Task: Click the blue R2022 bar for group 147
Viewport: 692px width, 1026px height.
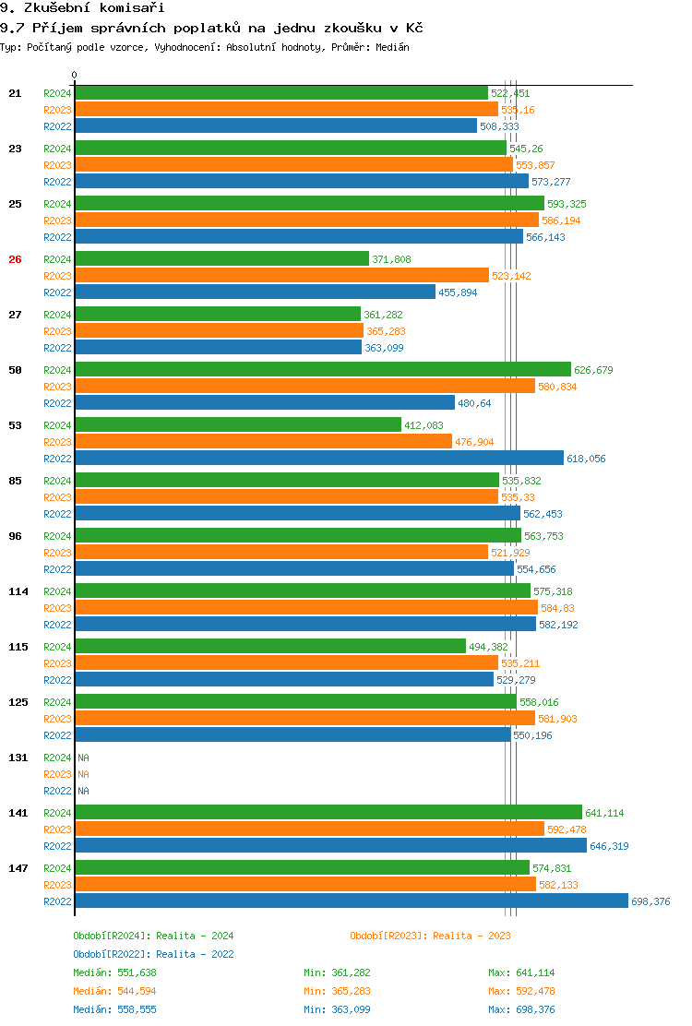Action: coord(351,901)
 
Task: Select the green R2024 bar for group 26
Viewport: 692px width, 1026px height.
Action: coord(221,259)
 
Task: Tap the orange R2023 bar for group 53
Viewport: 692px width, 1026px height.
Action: coord(263,442)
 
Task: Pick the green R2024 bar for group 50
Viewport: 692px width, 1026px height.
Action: coord(323,370)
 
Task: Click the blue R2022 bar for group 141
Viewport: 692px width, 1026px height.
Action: coord(330,846)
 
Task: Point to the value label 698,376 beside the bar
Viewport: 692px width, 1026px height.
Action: coord(650,901)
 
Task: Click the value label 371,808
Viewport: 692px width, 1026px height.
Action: coord(391,259)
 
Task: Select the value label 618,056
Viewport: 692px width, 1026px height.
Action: coord(586,459)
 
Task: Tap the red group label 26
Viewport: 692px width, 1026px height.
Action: coord(15,259)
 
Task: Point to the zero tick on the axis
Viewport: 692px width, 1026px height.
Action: coord(75,76)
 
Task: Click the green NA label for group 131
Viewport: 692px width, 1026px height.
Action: coord(83,758)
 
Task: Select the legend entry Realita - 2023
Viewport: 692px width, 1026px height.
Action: coord(430,936)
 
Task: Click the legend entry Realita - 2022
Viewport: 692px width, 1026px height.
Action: coord(153,954)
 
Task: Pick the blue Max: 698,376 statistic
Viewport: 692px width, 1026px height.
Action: coord(521,1009)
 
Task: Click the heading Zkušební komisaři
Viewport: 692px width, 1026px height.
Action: coord(82,8)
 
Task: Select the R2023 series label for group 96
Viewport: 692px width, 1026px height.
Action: coord(57,553)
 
